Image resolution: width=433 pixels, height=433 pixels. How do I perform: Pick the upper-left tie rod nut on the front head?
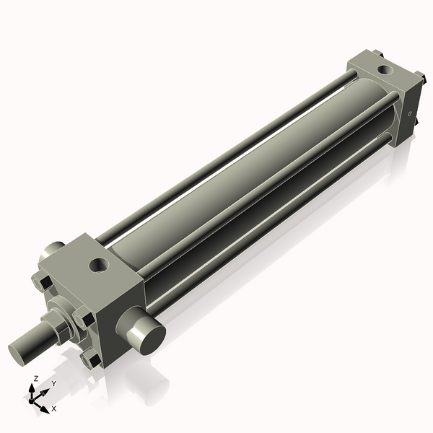(42, 284)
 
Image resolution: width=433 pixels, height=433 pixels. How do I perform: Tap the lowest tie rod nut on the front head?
(90, 359)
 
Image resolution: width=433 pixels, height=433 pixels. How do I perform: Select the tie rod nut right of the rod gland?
(84, 317)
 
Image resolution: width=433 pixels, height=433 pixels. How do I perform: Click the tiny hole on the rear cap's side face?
(410, 114)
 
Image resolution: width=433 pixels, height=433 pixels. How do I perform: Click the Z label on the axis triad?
(36, 378)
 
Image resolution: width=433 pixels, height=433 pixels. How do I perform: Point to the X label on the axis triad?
(54, 408)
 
